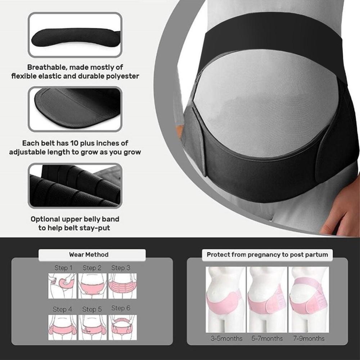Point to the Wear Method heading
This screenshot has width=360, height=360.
[89, 255]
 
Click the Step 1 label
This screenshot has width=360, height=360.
[63, 268]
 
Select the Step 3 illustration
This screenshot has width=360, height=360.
[123, 286]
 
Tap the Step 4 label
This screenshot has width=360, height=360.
[62, 309]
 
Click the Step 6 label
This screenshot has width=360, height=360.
[121, 308]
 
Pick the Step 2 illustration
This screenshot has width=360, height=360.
[93, 286]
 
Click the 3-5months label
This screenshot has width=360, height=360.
[226, 338]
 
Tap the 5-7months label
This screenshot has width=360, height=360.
[267, 338]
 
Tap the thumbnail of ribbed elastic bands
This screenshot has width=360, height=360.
[75, 185]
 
